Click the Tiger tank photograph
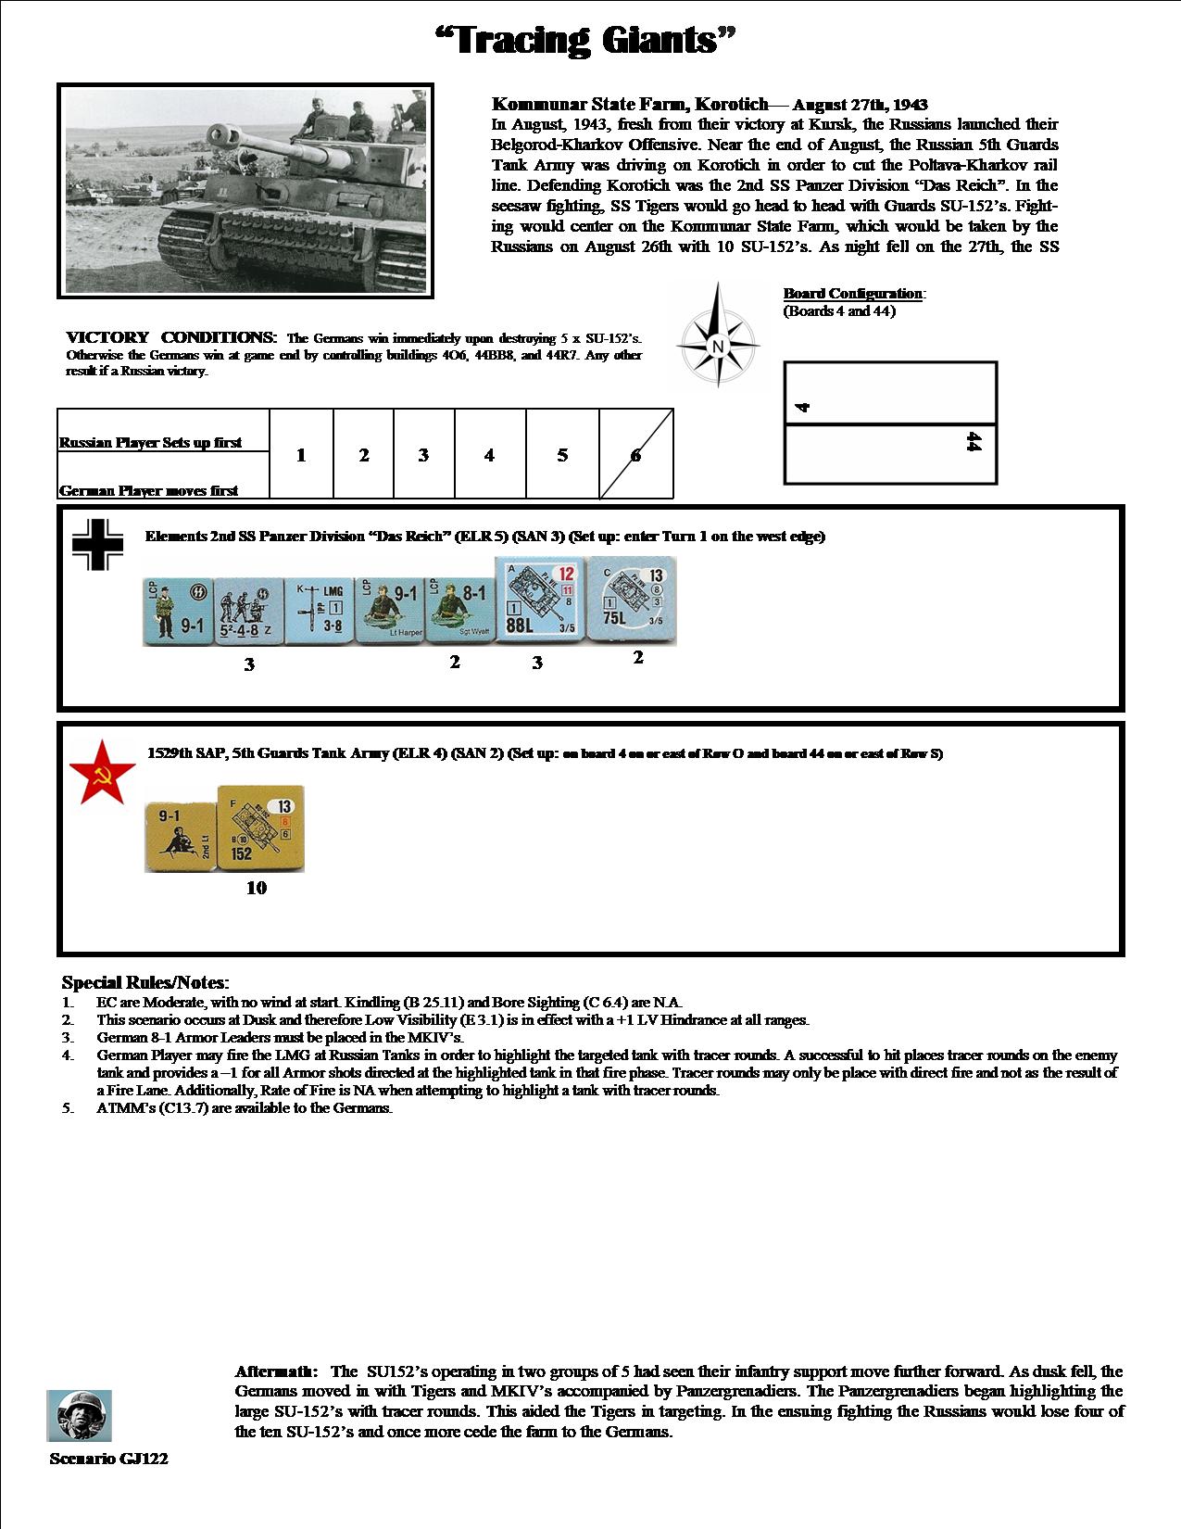(x=245, y=190)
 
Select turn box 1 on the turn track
(x=301, y=455)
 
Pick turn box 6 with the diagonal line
(x=635, y=455)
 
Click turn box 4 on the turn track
(x=489, y=455)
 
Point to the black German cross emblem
(x=98, y=543)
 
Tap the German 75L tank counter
(x=634, y=600)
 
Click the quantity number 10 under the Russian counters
(x=257, y=888)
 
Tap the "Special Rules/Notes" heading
(x=145, y=982)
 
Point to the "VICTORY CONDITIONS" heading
(x=171, y=337)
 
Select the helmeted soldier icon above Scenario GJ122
(x=79, y=1415)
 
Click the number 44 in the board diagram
(x=973, y=442)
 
